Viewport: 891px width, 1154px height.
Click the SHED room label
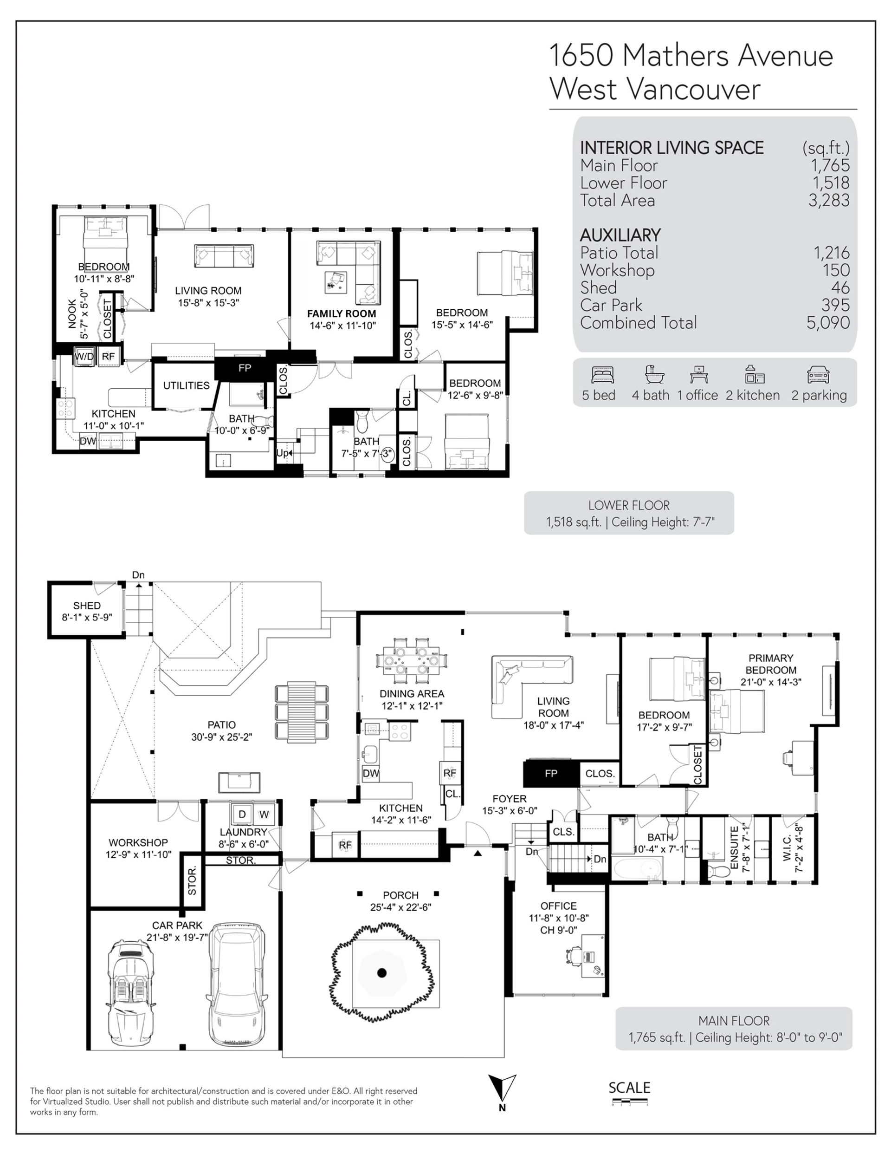click(x=87, y=606)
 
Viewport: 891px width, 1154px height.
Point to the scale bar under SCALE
click(x=630, y=1101)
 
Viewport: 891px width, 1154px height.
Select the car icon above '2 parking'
click(x=819, y=375)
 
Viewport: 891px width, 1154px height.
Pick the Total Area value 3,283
click(x=829, y=200)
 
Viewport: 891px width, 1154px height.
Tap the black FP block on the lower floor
click(x=245, y=368)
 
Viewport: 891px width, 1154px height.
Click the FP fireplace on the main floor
click(x=551, y=774)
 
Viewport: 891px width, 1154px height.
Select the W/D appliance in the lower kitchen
click(x=84, y=356)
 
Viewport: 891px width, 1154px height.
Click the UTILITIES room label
click(x=187, y=385)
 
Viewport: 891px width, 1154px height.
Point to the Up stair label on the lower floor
click(x=283, y=453)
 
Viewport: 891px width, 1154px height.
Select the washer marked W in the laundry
click(x=264, y=814)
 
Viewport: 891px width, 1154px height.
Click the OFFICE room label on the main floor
click(x=558, y=906)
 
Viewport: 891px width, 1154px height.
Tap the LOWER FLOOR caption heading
click(x=629, y=505)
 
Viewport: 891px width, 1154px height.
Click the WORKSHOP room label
click(x=138, y=842)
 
